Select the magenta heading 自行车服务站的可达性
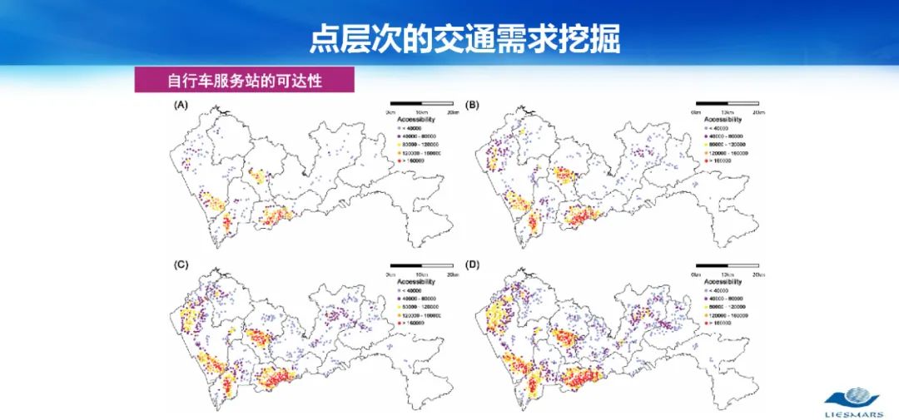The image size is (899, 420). pyautogui.click(x=245, y=81)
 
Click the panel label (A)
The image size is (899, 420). pyautogui.click(x=181, y=106)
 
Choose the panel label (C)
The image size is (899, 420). pyautogui.click(x=181, y=265)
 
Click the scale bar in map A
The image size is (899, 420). pyautogui.click(x=421, y=103)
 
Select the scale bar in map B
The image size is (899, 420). pyautogui.click(x=727, y=103)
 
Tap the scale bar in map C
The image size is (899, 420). pyautogui.click(x=421, y=266)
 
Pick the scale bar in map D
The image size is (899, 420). pyautogui.click(x=727, y=266)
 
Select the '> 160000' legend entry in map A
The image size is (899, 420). pyautogui.click(x=411, y=161)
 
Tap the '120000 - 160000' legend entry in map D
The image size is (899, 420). pyautogui.click(x=730, y=316)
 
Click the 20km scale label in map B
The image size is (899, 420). pyautogui.click(x=757, y=111)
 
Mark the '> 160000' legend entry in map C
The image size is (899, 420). pyautogui.click(x=411, y=324)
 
